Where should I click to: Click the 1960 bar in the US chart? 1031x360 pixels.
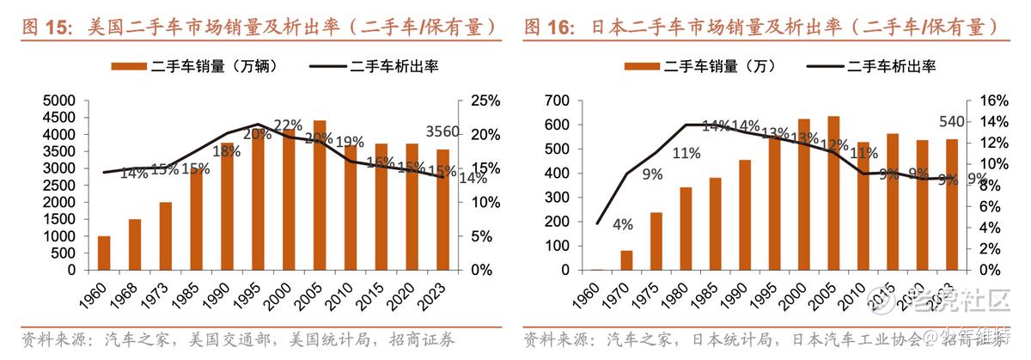click(x=104, y=253)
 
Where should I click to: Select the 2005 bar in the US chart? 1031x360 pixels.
click(x=320, y=195)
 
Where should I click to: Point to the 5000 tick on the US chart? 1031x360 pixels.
click(x=58, y=101)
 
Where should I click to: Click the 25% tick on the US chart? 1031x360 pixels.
click(x=485, y=101)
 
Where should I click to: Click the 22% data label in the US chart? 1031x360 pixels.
click(x=289, y=124)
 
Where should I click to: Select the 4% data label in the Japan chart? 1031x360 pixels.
click(x=623, y=225)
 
